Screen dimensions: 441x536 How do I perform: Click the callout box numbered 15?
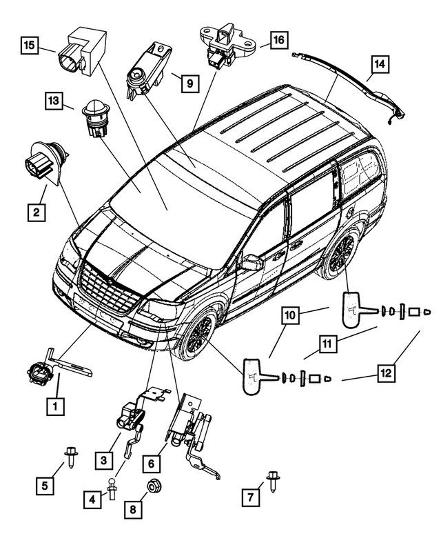point(30,45)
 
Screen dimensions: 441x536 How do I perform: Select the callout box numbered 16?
point(279,39)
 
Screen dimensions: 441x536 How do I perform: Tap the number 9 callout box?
point(189,83)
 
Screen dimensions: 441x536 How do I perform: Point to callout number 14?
point(380,64)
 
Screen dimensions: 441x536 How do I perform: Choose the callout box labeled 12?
point(386,373)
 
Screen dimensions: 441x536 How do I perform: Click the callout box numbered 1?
point(55,406)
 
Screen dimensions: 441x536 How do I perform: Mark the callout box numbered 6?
point(151,464)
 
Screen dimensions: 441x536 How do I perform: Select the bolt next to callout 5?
point(71,457)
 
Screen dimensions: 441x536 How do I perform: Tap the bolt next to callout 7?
point(273,481)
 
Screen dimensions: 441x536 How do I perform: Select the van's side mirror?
point(252,262)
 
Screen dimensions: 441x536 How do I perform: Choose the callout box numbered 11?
point(327,344)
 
